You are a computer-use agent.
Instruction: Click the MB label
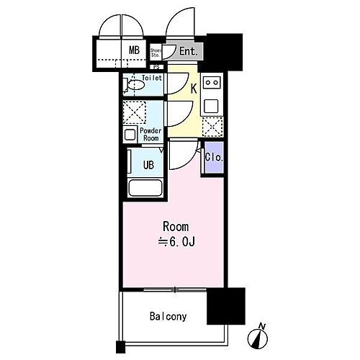(x=133, y=50)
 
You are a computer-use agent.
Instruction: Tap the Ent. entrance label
(x=189, y=51)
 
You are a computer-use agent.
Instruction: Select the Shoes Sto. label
(x=156, y=52)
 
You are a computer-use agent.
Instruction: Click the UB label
(x=148, y=164)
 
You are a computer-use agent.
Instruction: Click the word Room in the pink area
(x=176, y=227)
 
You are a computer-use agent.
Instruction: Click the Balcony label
(x=168, y=316)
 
